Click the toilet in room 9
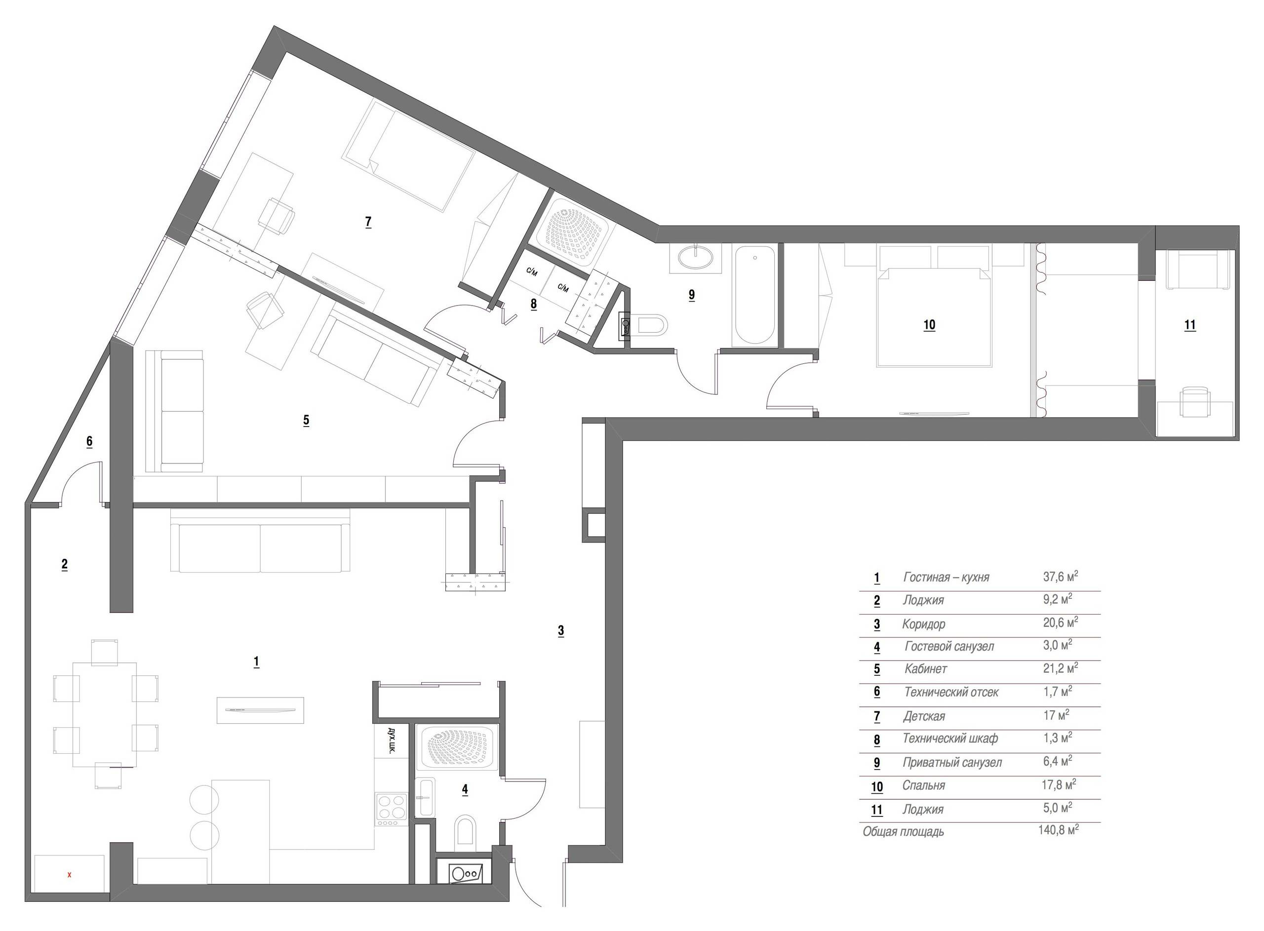tap(651, 325)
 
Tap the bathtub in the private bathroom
tap(755, 295)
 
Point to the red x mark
tap(69, 875)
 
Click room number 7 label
tap(368, 222)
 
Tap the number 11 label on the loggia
tap(1189, 325)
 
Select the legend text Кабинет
tap(925, 669)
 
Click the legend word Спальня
tap(923, 785)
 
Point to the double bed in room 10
tap(933, 315)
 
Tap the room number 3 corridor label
tap(561, 631)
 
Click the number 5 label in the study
tap(306, 420)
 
